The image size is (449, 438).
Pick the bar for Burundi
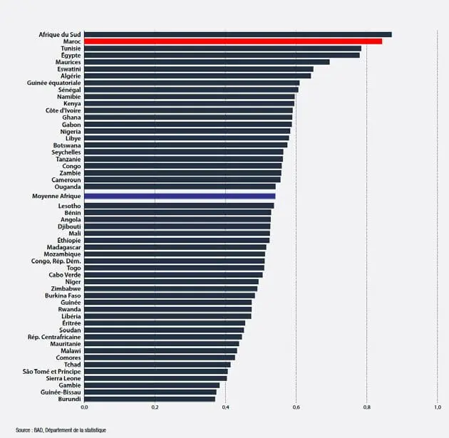point(150,399)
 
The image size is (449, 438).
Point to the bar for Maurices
point(207,62)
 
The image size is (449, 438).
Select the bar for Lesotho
point(179,206)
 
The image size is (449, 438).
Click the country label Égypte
point(71,55)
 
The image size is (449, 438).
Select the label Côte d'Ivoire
point(63,110)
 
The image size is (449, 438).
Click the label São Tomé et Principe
point(52,371)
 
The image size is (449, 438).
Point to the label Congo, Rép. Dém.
point(56,261)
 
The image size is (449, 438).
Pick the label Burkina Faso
point(62,295)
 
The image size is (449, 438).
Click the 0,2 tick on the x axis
point(155,407)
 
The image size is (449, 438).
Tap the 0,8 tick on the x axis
point(366,407)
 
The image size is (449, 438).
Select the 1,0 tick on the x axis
point(437,407)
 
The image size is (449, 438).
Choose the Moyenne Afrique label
point(56,195)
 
